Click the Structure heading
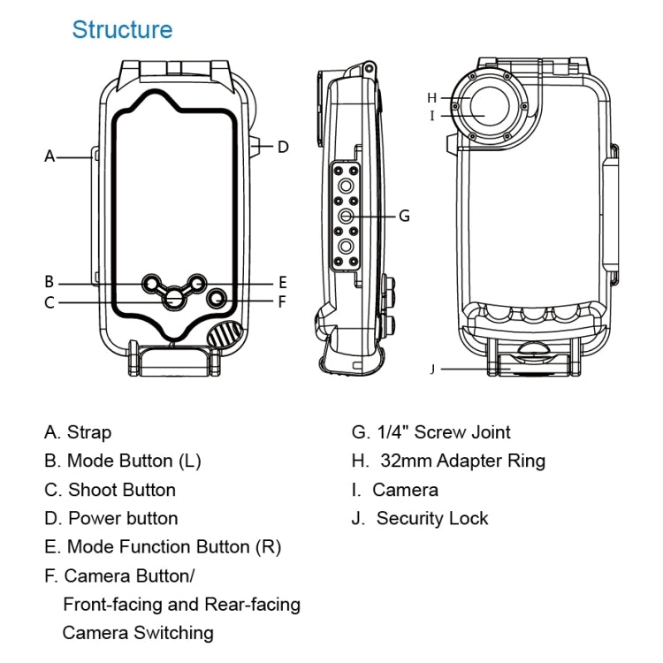pos(122,29)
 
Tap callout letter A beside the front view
pos(50,156)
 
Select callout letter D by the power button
pos(283,147)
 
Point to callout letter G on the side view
pos(404,215)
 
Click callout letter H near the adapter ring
pos(432,97)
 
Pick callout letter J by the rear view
pos(432,369)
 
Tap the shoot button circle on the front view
pos(174,299)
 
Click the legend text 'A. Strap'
pos(78,432)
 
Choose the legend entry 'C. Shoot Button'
pos(110,490)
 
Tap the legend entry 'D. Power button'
pos(110,518)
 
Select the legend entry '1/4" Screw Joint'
pos(431,432)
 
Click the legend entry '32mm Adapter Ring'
pos(448,461)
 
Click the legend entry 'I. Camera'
pos(394,490)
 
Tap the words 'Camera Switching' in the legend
pos(138,632)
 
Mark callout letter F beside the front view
pos(282,301)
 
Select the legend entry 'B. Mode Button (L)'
pos(123,461)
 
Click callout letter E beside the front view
pos(282,283)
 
